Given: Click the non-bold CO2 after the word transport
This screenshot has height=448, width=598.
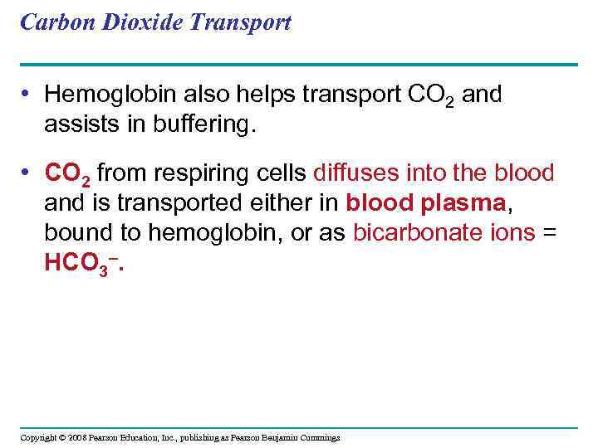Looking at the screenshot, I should pos(431,95).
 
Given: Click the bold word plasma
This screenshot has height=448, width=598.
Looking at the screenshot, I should pos(466,203).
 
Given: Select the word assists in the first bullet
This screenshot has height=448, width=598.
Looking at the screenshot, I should pos(80,124).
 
